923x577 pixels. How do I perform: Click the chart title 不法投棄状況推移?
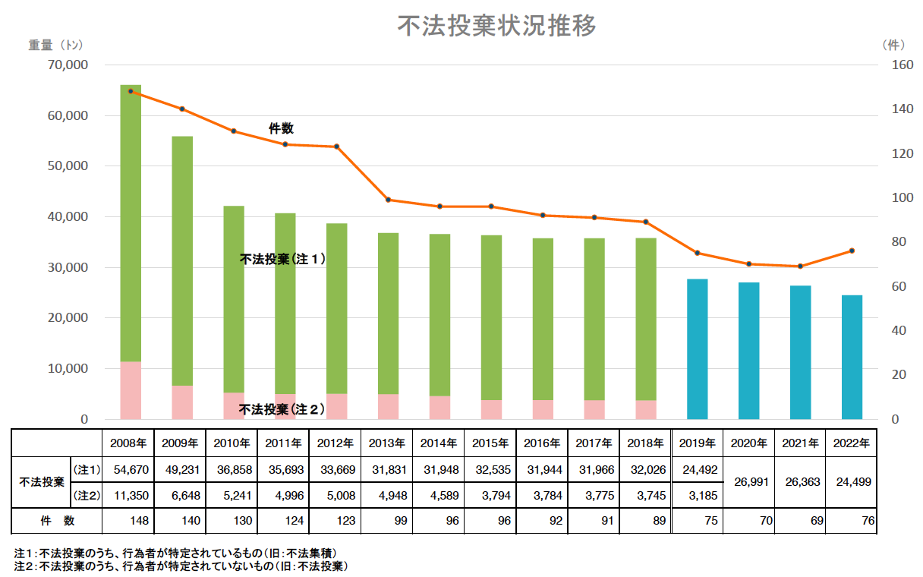(x=497, y=26)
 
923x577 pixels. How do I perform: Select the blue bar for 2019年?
(x=697, y=349)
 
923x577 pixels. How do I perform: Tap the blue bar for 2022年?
(x=852, y=357)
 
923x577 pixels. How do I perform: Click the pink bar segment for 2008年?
(x=131, y=390)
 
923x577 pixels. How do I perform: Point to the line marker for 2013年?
(x=388, y=200)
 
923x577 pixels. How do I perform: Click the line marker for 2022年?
(x=852, y=251)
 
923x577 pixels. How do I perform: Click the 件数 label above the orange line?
(x=281, y=129)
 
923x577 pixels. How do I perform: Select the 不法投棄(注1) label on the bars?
(x=282, y=259)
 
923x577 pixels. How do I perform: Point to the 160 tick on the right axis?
(x=903, y=65)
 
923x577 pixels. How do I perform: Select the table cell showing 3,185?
(x=697, y=496)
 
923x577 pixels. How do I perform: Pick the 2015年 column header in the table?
(x=490, y=443)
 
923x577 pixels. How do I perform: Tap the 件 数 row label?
(x=57, y=521)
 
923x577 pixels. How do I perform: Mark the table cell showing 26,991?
(x=748, y=482)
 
